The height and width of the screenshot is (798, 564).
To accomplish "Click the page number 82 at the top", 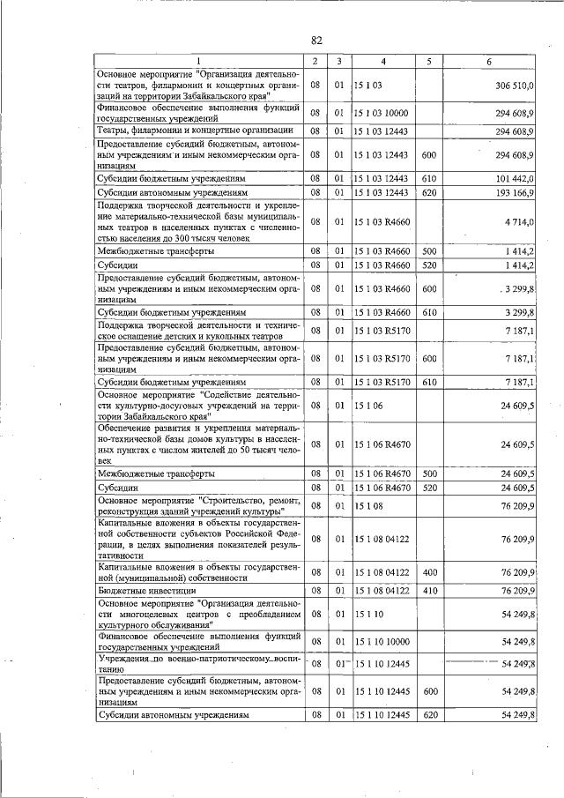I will [317, 40].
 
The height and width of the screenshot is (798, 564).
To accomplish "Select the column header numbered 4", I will [383, 61].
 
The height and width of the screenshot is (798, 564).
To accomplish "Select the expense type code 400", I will [430, 572].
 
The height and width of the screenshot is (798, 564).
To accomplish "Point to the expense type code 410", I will [430, 590].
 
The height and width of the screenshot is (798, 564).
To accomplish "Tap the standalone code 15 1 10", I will [367, 613].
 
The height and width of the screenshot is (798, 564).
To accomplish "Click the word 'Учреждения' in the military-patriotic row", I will [124, 659].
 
